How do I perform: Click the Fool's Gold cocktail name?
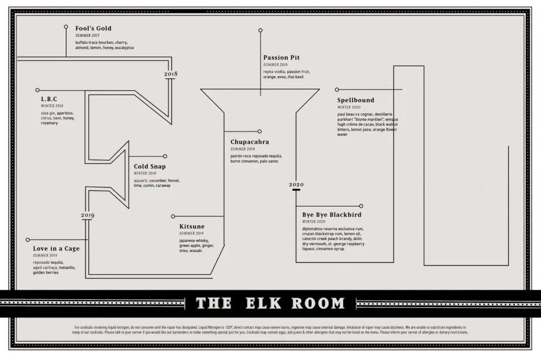point(94,29)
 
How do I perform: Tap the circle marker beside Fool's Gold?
point(66,26)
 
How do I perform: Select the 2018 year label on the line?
point(171,74)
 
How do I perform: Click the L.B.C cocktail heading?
point(49,99)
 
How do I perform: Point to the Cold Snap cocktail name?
point(150,167)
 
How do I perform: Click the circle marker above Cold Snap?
point(165,156)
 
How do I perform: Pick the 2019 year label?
point(88,215)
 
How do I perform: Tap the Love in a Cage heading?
point(56,248)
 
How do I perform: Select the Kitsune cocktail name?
point(192,226)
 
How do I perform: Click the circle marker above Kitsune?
point(173,216)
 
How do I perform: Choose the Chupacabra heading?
point(249,142)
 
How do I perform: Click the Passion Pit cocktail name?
point(282,58)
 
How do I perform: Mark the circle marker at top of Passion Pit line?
point(260,31)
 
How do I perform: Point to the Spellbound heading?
point(356,100)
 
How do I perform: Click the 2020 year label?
point(296,184)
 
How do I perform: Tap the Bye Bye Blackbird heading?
point(331,215)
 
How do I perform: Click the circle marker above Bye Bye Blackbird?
point(361,206)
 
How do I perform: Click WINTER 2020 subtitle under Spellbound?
point(349,107)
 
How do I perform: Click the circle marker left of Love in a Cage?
point(27,239)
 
